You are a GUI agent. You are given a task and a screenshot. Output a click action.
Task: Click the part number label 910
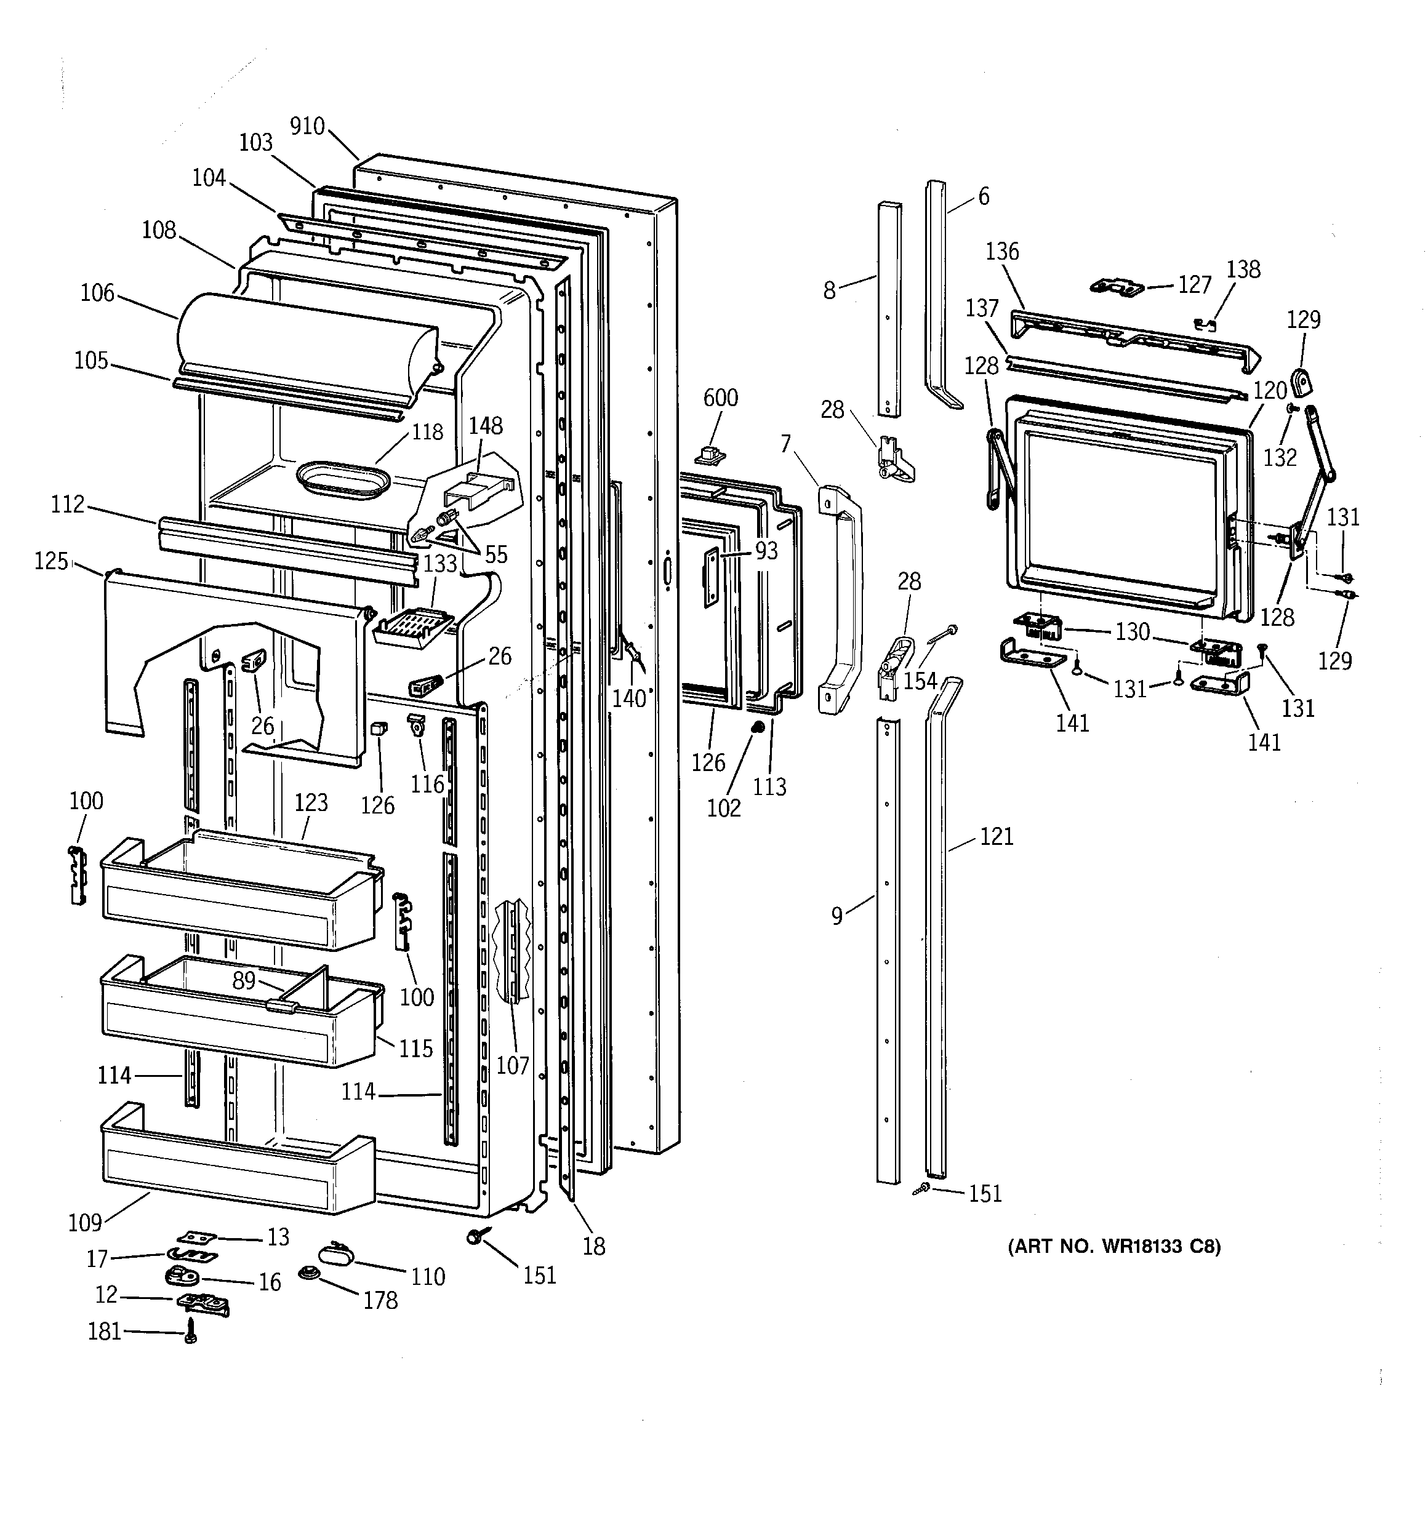point(307,126)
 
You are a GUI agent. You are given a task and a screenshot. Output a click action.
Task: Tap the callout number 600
point(721,398)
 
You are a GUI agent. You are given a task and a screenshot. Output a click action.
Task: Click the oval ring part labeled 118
point(343,481)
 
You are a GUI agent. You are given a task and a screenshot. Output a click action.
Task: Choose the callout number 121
point(997,837)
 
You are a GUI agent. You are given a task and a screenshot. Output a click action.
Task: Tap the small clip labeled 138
point(1206,324)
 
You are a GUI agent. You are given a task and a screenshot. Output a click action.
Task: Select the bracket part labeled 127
point(1116,287)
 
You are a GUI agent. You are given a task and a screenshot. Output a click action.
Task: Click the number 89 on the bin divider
point(244,981)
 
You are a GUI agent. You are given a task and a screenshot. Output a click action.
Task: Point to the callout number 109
point(84,1223)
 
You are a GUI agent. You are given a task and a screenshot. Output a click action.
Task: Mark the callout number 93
point(766,551)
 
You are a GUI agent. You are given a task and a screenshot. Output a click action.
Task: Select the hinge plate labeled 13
point(197,1236)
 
